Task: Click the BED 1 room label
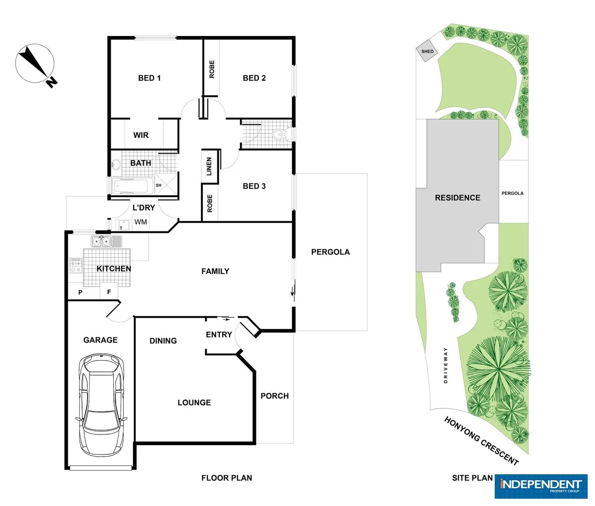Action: pos(149,78)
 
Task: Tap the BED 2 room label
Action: pos(254,78)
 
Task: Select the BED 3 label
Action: pos(254,186)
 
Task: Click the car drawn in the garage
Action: pos(102,405)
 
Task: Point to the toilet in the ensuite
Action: pos(278,135)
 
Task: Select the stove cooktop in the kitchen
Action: pos(75,266)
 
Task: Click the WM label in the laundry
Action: pos(141,222)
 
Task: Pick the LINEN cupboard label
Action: pos(209,166)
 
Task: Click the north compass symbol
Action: pos(35,64)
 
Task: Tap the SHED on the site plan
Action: pos(427,52)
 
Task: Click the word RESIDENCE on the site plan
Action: pos(457,198)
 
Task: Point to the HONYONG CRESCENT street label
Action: pos(481,441)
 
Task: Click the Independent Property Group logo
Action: pos(541,486)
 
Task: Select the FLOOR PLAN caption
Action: pos(226,478)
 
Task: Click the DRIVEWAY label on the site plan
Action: pos(446,365)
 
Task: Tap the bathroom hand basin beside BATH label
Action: pos(116,164)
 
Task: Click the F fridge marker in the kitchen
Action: pos(109,292)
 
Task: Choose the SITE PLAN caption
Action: pos(472,478)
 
